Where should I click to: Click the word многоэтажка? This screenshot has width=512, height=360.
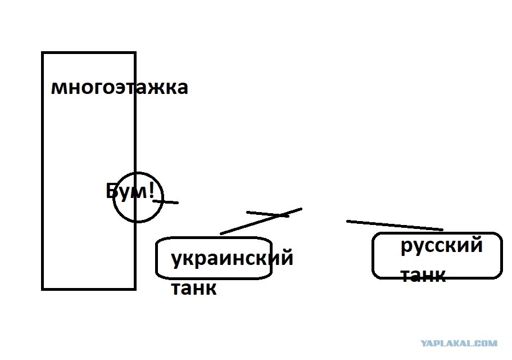[x=120, y=88]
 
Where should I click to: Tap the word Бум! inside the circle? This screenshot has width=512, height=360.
[x=130, y=191]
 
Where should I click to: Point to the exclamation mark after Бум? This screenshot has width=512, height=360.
[x=151, y=190]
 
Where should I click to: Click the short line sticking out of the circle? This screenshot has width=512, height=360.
[x=166, y=202]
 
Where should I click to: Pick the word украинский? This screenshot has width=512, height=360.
[x=232, y=258]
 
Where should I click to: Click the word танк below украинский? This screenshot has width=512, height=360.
[x=194, y=288]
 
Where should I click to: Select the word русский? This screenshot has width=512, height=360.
[x=442, y=246]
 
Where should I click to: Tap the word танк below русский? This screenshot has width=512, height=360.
[x=423, y=276]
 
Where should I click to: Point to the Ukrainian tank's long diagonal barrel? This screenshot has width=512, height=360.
[x=261, y=221]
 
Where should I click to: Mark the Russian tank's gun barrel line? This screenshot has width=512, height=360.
[x=395, y=226]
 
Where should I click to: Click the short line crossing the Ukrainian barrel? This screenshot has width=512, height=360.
[x=268, y=214]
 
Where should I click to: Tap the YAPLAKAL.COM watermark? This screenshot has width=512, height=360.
[x=459, y=343]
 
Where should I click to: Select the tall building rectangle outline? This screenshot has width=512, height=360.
[x=43, y=170]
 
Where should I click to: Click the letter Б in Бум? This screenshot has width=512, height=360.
[x=111, y=191]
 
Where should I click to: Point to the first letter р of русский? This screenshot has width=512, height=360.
[x=406, y=248]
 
